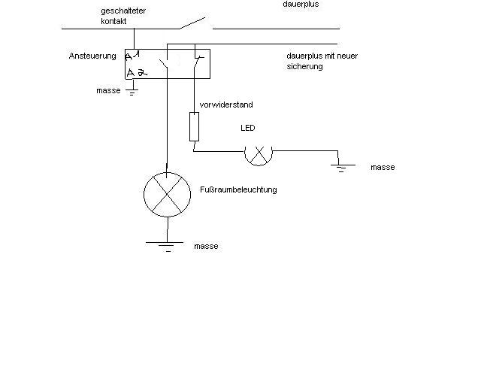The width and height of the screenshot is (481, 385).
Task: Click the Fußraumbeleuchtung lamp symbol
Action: click(167, 194)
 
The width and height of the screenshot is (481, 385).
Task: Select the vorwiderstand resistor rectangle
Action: click(194, 126)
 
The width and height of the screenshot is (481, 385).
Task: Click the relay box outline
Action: click(166, 64)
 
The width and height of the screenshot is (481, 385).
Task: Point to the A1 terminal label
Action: click(132, 57)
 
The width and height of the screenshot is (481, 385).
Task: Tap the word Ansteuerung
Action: click(92, 56)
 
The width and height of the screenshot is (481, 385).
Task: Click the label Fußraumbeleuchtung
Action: click(238, 189)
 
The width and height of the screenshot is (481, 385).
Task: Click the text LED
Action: click(248, 129)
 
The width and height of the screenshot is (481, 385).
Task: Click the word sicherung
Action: click(304, 66)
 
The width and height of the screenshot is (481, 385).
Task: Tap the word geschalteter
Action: click(123, 12)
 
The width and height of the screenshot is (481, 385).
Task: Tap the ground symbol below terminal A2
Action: click(133, 91)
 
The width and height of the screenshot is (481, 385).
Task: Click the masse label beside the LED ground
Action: click(383, 168)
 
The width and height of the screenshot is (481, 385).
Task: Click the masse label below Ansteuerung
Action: click(108, 91)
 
